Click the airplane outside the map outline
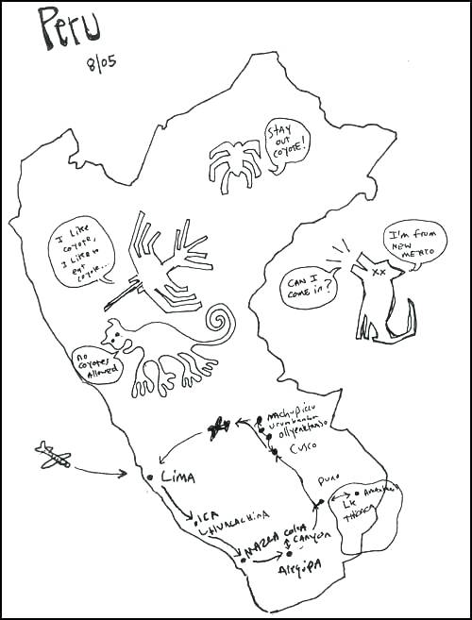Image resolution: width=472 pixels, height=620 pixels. coord(53,457)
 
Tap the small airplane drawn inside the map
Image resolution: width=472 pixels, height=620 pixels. coord(219,428)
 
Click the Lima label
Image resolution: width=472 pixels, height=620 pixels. coord(177,477)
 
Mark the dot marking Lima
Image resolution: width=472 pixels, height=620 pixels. coord(150,478)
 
